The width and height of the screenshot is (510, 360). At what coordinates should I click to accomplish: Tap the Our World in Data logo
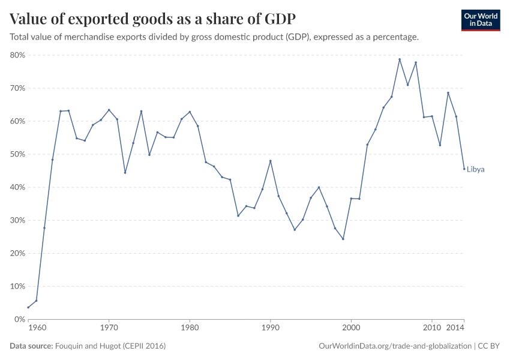(480, 20)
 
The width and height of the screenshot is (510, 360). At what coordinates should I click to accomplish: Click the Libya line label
(475, 169)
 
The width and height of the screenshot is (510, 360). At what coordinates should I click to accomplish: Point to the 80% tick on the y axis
(17, 55)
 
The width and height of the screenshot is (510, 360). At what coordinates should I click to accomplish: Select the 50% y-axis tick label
(17, 154)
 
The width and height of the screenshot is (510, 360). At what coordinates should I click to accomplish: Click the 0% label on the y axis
(19, 319)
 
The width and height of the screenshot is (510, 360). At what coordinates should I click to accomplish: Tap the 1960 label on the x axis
(37, 328)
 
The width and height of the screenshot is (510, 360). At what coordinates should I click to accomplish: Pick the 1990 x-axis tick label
(270, 328)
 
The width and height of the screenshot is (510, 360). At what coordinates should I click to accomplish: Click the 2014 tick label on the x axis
(455, 328)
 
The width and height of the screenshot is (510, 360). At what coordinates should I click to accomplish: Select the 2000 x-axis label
(351, 328)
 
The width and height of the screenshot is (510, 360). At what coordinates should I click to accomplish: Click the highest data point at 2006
(400, 59)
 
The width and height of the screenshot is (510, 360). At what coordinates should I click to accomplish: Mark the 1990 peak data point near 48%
(271, 161)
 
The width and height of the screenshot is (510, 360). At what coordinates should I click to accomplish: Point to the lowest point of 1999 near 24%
(343, 239)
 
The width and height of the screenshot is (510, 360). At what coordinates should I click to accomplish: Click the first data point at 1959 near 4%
(28, 307)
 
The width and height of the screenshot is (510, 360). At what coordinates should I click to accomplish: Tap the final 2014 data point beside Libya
(464, 169)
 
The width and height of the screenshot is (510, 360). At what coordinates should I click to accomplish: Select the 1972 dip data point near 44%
(125, 172)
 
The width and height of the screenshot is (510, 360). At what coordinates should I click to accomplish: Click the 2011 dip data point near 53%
(440, 145)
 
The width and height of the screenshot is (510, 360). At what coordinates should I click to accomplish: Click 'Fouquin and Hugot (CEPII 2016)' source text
(110, 346)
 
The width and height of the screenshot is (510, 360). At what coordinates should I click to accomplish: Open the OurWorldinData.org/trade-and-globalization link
(395, 346)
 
